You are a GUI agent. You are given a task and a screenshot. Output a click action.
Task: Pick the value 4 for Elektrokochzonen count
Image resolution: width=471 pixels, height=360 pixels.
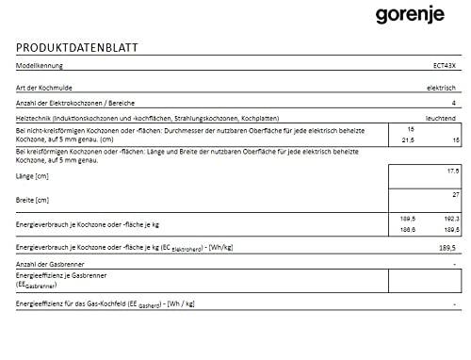[x=453, y=102]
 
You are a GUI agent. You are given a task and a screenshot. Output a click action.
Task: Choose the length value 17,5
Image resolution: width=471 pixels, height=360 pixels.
[x=452, y=172]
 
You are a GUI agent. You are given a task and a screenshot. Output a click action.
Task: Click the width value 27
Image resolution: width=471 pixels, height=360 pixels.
[x=455, y=194]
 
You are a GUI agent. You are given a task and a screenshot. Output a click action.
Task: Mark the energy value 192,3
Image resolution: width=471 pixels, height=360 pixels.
[x=451, y=219]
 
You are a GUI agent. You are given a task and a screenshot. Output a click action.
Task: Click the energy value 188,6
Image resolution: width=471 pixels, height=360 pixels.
[x=409, y=229]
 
